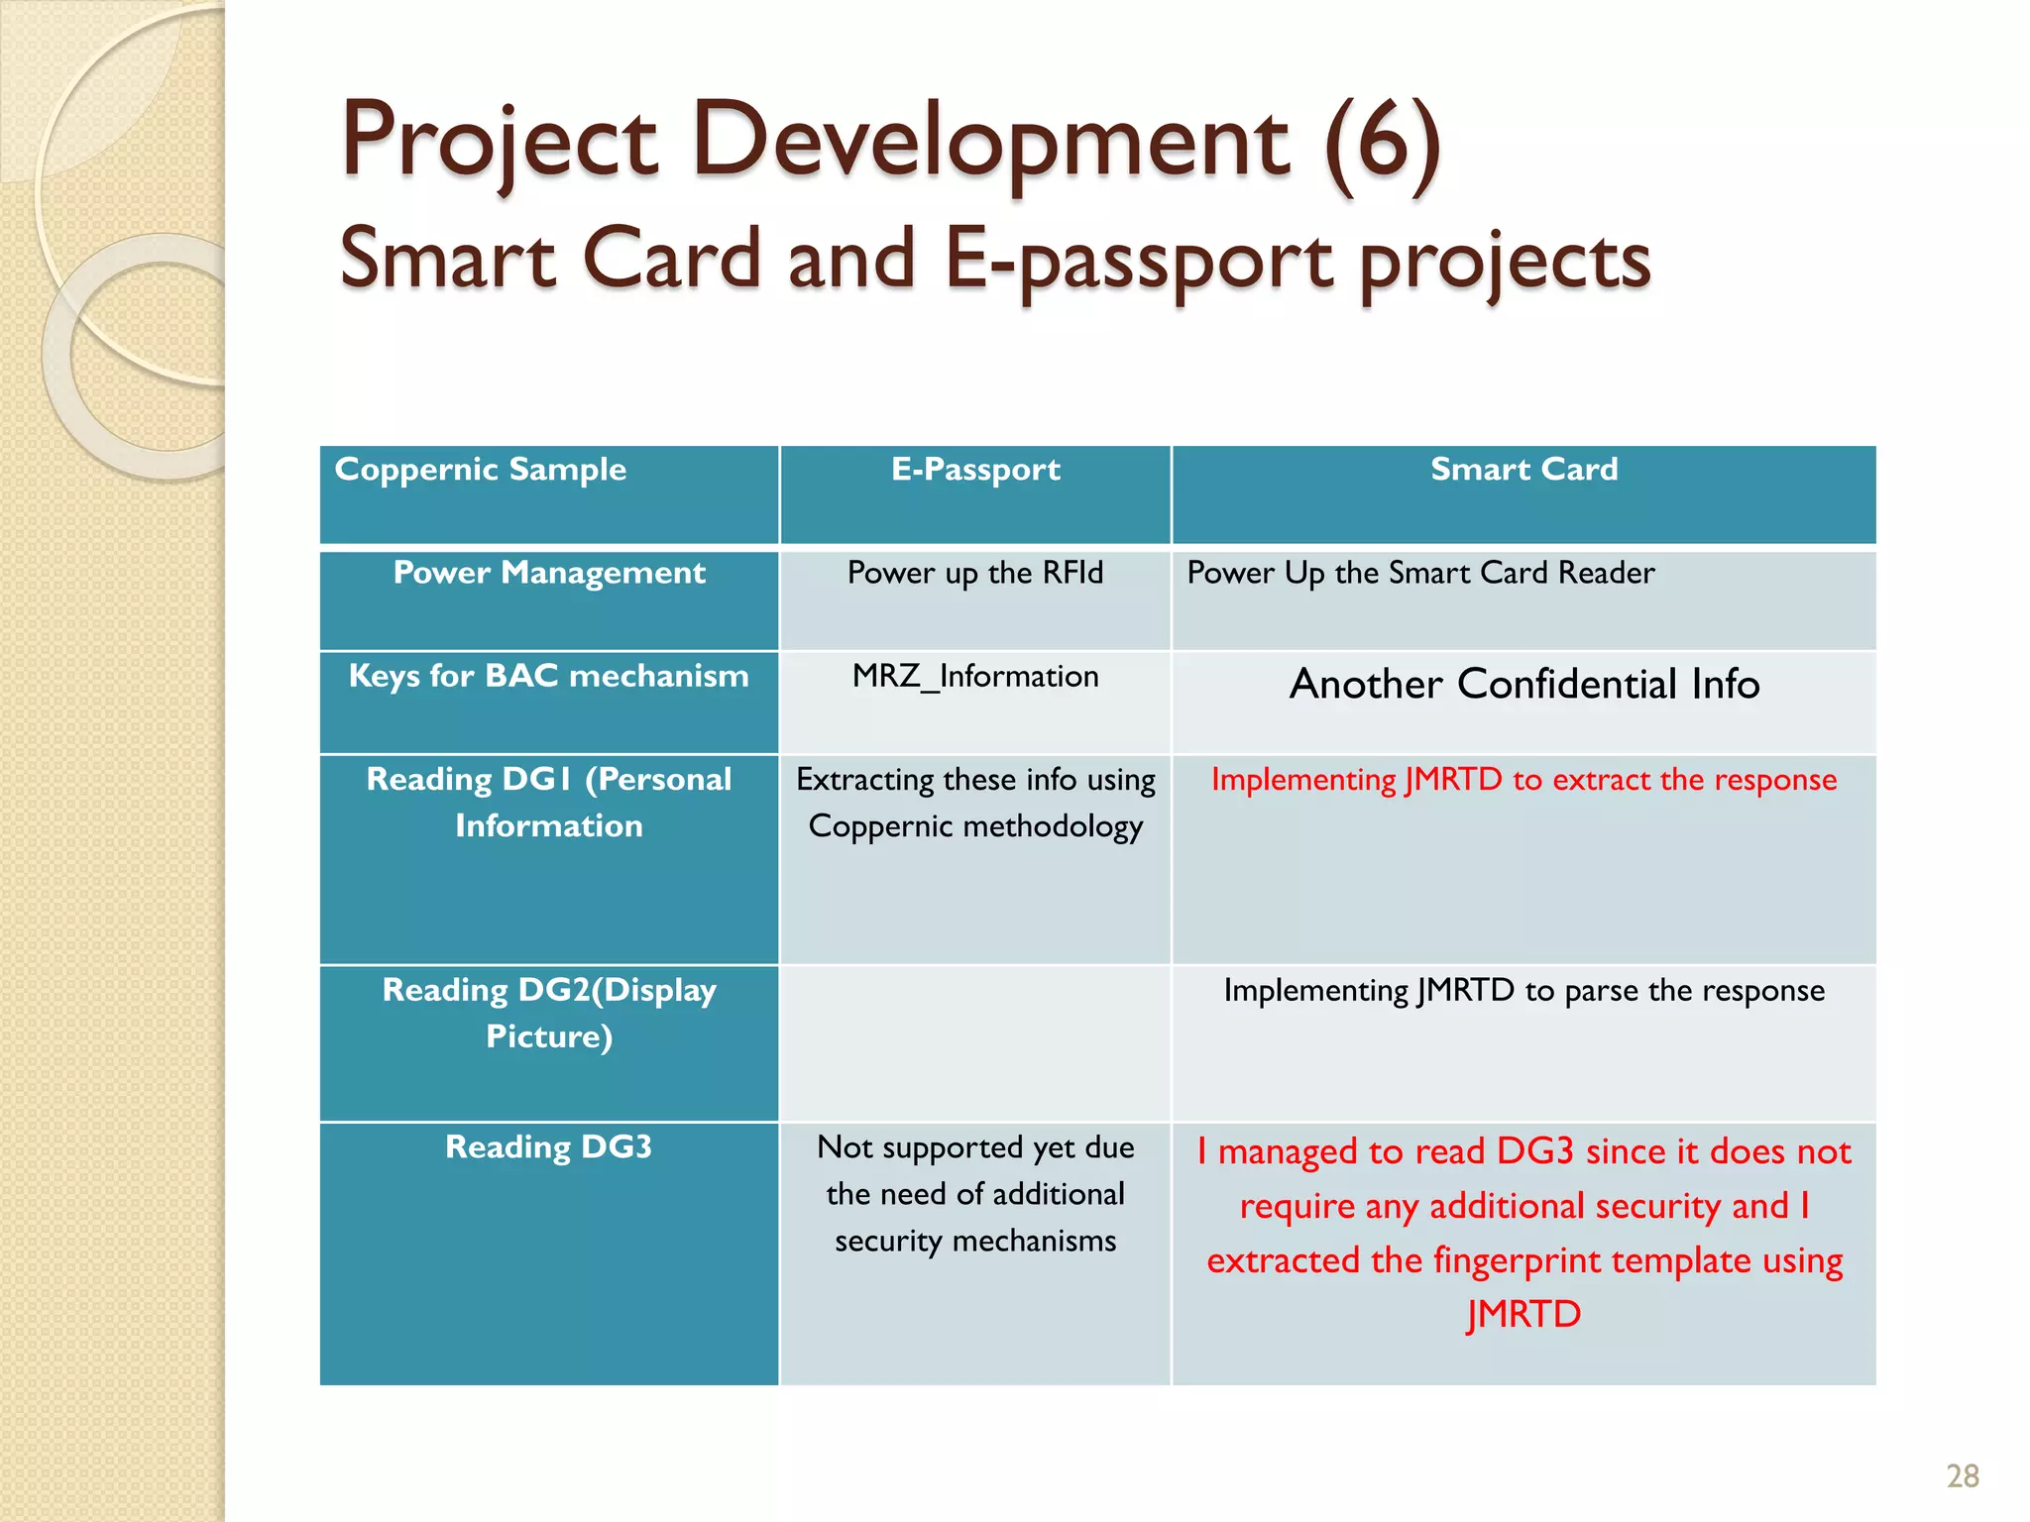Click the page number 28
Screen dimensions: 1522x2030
pos(1962,1476)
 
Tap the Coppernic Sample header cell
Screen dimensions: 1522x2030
pos(481,470)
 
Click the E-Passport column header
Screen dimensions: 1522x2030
pos(975,470)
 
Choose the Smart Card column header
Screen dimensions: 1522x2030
pos(1523,470)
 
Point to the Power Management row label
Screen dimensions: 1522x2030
pos(549,573)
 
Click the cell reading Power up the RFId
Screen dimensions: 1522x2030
pos(975,573)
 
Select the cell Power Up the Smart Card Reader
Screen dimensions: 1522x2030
pos(1420,573)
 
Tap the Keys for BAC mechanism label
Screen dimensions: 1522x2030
pos(549,676)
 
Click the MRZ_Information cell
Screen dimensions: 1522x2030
pos(975,677)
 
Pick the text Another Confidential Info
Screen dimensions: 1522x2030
pos(1523,685)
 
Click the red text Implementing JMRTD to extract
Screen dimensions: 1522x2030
pos(1523,780)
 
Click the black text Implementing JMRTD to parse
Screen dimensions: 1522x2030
pos(1523,991)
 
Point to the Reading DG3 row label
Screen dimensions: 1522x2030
pos(549,1147)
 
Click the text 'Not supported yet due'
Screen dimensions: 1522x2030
pos(975,1147)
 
